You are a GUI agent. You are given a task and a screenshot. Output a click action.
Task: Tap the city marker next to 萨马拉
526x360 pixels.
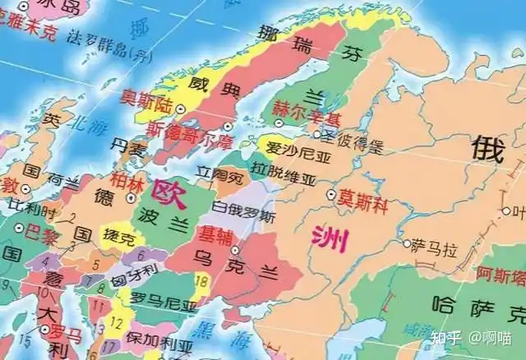pyautogui.click(x=407, y=244)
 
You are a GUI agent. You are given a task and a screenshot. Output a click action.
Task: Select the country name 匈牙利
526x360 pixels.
pyautogui.click(x=130, y=272)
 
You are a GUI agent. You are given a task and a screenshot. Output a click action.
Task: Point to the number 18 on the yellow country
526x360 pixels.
pyautogui.click(x=203, y=283)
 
